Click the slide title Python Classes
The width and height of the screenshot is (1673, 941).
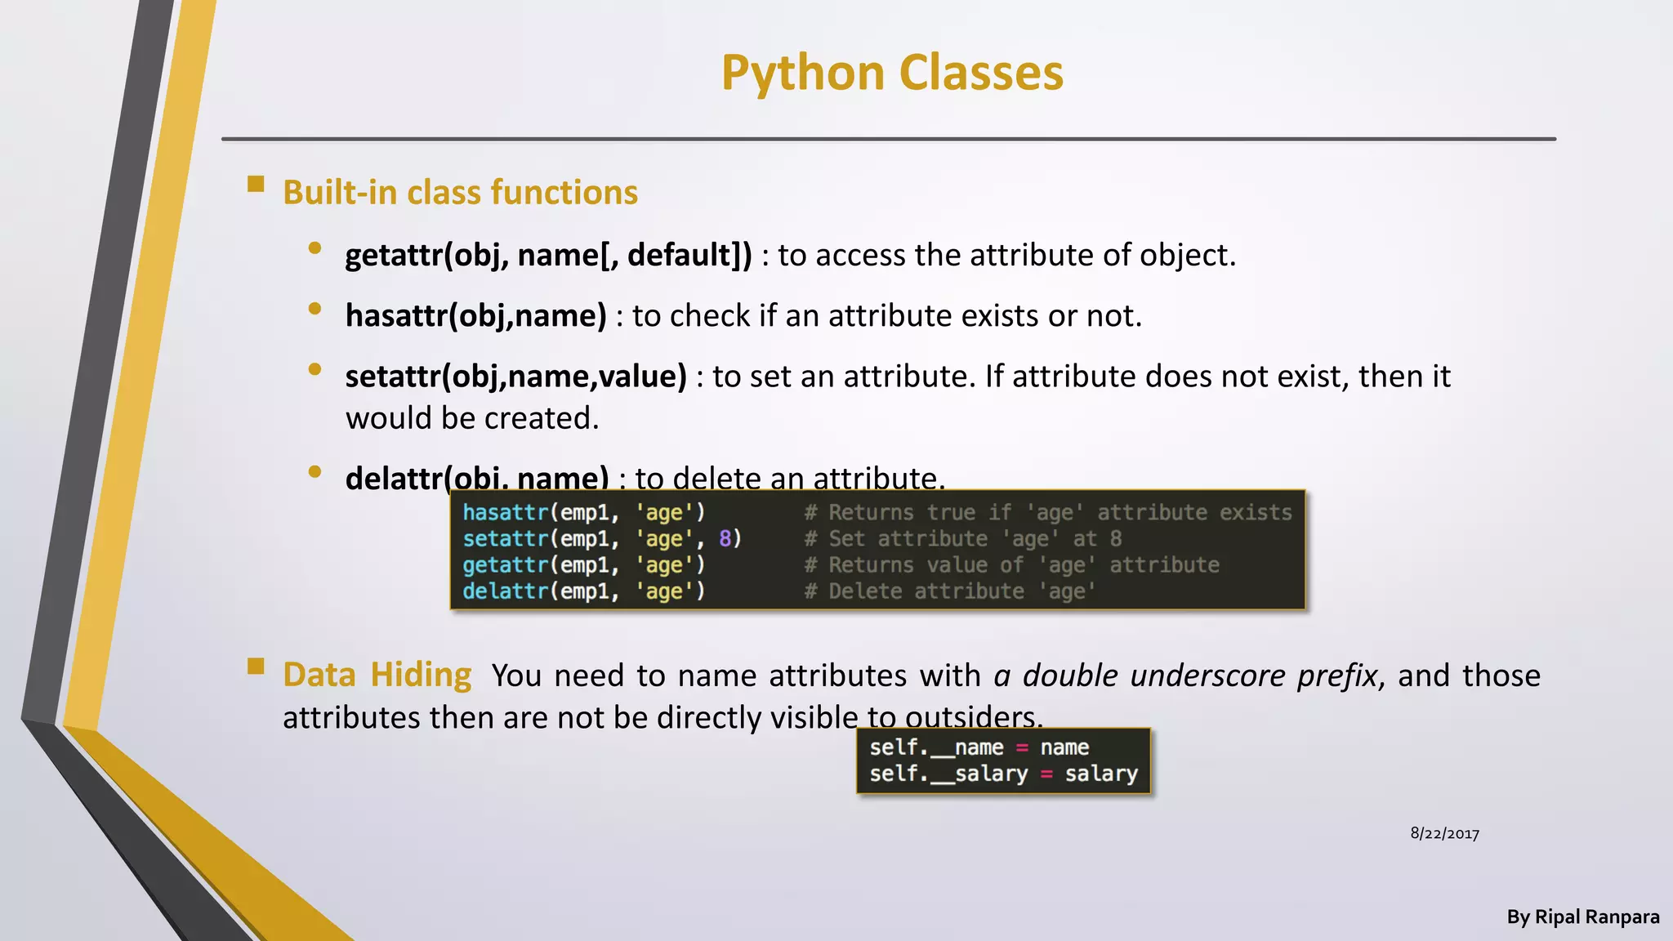coord(892,73)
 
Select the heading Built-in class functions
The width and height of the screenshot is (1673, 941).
coord(460,193)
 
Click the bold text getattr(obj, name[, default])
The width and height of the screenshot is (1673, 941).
coord(548,255)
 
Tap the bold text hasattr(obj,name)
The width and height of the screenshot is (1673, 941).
coord(475,315)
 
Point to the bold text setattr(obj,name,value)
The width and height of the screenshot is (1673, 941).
coord(515,377)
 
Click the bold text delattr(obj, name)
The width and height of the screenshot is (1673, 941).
coord(477,476)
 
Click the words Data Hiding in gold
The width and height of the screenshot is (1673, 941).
coord(377,676)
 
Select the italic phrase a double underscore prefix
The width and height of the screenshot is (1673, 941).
coord(1185,676)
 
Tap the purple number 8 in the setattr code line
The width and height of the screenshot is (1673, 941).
coord(725,539)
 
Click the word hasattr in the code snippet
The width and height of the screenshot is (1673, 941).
coord(505,513)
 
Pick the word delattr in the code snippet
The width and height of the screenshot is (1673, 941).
coord(505,591)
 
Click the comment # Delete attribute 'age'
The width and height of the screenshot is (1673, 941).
coord(949,591)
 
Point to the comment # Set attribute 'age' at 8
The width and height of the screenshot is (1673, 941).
coord(962,539)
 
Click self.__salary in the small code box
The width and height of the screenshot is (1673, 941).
coord(948,774)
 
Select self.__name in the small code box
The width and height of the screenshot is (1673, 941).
coord(936,747)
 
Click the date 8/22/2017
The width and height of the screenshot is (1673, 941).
coord(1444,834)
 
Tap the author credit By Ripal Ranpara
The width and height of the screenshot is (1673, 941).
coord(1582,917)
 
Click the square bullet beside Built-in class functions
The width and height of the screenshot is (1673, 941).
coord(256,184)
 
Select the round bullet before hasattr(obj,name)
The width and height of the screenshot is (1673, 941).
coord(315,309)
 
